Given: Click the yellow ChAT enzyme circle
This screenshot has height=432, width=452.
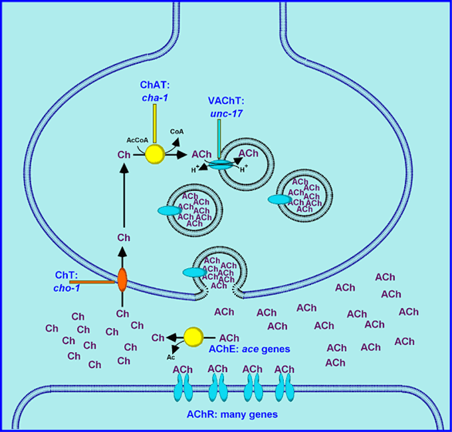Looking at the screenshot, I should click(x=155, y=154).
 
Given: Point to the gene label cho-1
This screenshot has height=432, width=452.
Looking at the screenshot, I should click(x=66, y=288).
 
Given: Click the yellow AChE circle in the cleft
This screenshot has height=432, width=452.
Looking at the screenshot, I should click(x=193, y=337).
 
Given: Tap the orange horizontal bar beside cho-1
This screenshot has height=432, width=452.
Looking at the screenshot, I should click(x=93, y=282).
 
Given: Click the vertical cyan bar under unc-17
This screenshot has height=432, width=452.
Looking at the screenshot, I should click(x=218, y=137).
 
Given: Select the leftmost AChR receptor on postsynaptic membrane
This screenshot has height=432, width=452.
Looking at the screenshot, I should click(x=183, y=385).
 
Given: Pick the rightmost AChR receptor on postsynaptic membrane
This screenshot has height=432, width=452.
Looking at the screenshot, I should click(x=284, y=385).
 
